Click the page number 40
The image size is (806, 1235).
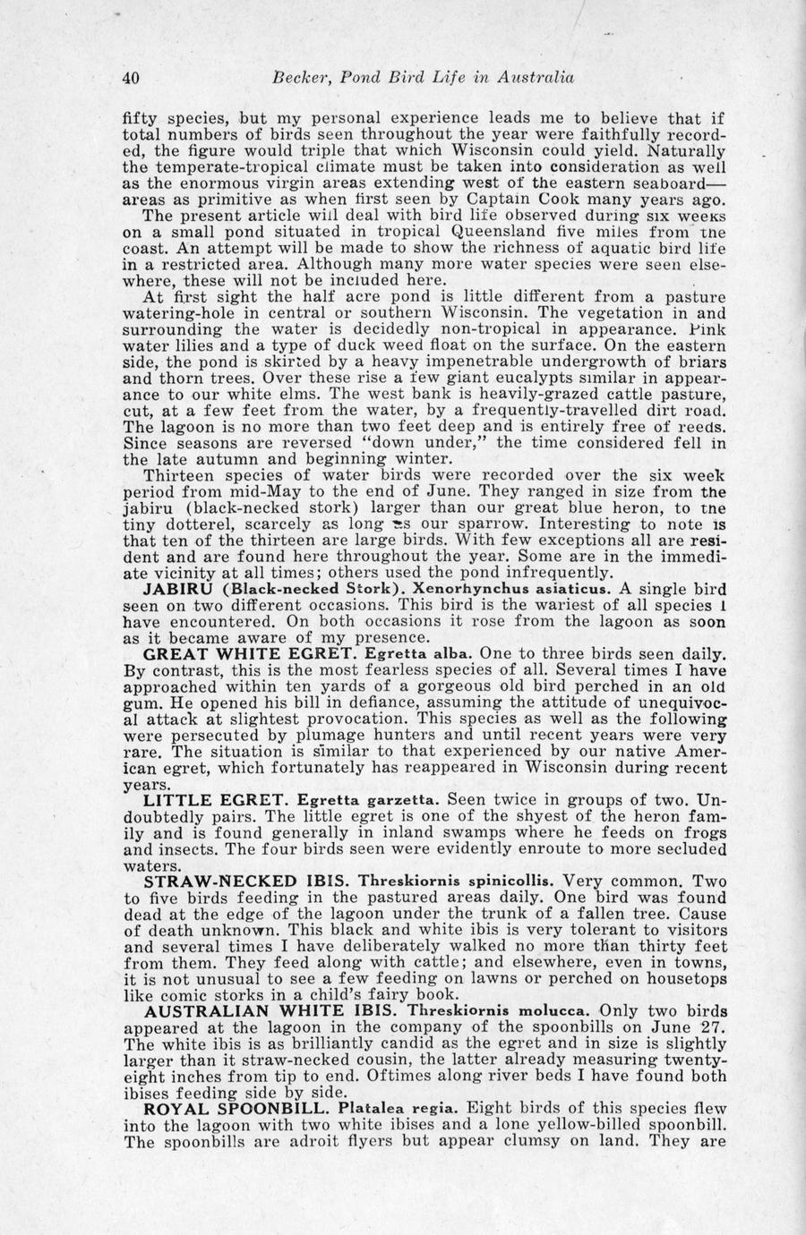pos(130,78)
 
